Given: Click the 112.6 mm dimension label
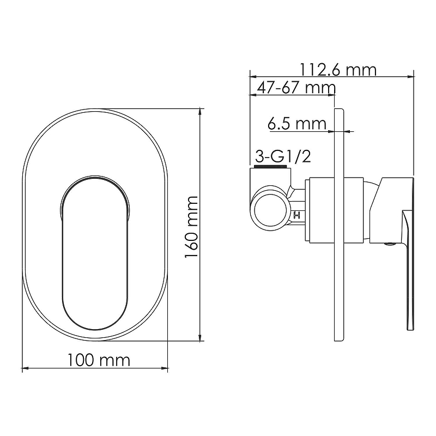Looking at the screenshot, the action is (338, 70).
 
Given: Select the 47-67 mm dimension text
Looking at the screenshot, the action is (296, 88).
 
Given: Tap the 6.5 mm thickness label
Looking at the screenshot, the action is (296, 124).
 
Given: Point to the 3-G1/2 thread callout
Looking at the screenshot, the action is (283, 157).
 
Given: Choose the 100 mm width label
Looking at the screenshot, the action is (99, 360).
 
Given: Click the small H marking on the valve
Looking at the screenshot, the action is (297, 215).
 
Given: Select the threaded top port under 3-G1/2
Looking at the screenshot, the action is (271, 167).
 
